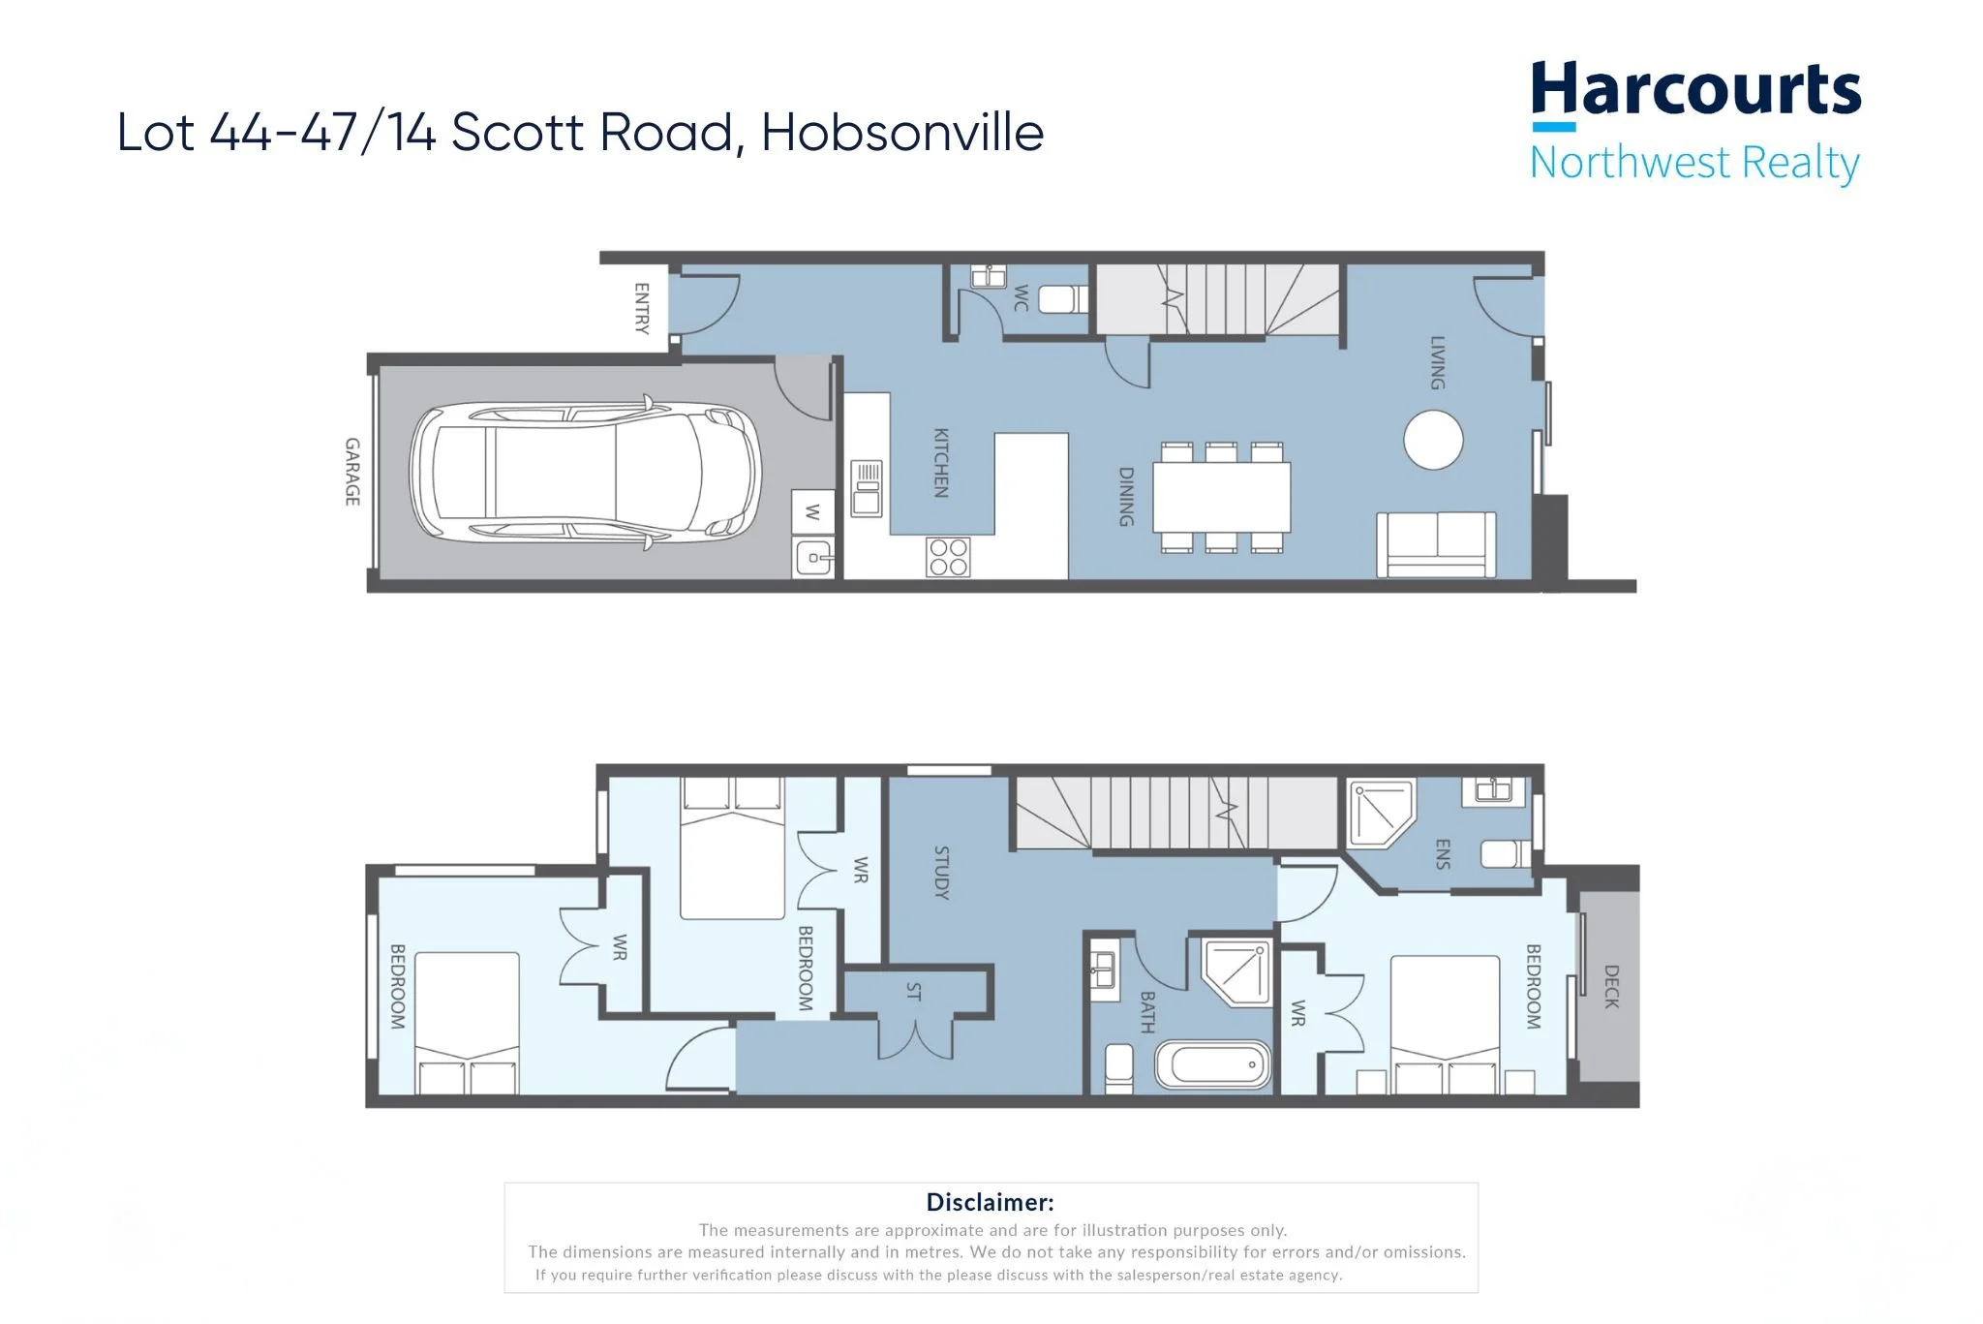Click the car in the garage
(x=586, y=473)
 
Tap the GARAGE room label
(x=352, y=472)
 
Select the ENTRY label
(x=641, y=308)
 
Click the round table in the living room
(x=1433, y=440)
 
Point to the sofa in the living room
(x=1436, y=544)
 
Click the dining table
(x=1222, y=497)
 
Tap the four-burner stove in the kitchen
(x=948, y=557)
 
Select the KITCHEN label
(x=940, y=463)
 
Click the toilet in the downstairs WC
(x=1063, y=298)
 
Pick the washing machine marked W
(x=812, y=512)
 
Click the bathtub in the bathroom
(x=1213, y=1064)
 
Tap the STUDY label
(x=941, y=873)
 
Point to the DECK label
(x=1611, y=986)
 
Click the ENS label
(x=1443, y=854)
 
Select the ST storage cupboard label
(x=913, y=991)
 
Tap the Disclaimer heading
(x=990, y=1202)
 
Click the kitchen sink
(x=867, y=488)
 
